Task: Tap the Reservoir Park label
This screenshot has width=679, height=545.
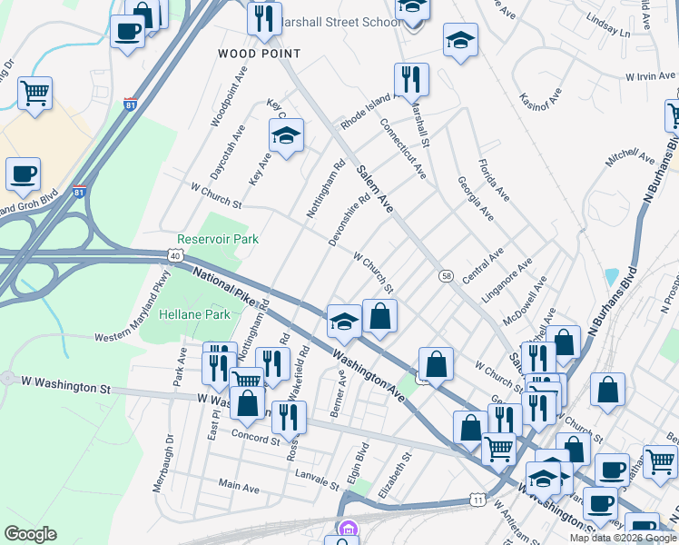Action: click(x=218, y=239)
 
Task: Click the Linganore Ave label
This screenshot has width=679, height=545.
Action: click(x=511, y=282)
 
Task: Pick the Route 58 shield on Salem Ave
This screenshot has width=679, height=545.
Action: click(x=446, y=275)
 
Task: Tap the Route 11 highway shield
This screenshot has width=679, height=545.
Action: click(x=477, y=500)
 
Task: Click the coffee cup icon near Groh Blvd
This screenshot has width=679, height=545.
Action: click(x=24, y=173)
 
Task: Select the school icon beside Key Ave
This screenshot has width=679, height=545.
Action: click(x=286, y=136)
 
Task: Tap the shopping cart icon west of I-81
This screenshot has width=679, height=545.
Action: click(x=34, y=92)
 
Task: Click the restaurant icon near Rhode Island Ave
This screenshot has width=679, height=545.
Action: click(x=411, y=79)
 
